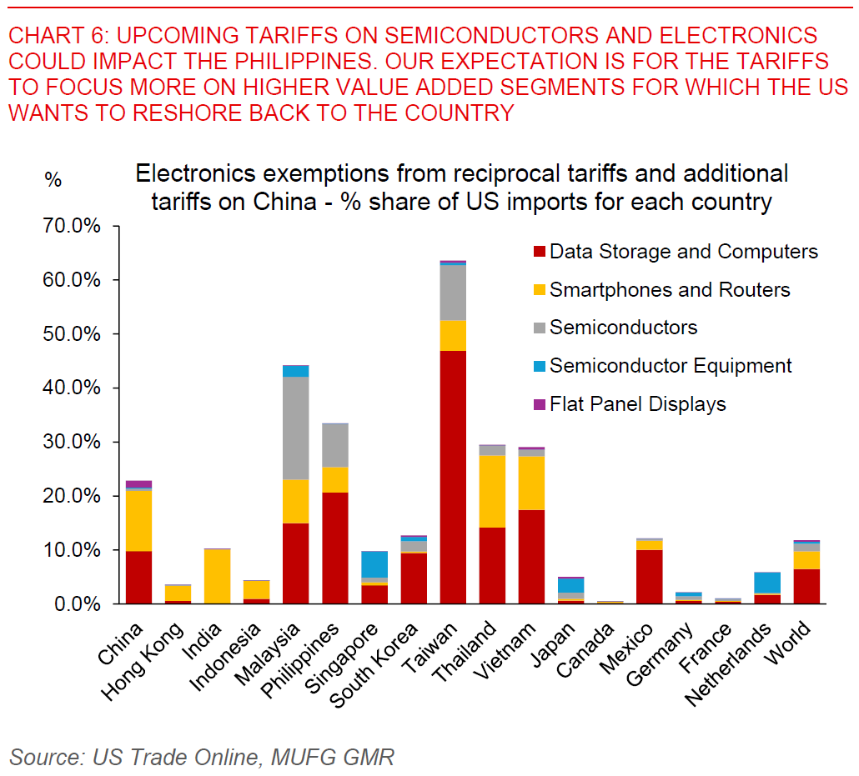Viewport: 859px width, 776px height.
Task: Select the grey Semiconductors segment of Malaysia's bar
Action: (x=296, y=428)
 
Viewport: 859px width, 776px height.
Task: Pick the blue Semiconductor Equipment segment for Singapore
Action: (x=374, y=564)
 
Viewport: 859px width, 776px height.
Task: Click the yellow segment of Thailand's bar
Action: (x=492, y=491)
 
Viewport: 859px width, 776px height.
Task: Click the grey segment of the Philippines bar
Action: (x=335, y=445)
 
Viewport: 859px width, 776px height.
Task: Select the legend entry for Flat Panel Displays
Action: (x=638, y=404)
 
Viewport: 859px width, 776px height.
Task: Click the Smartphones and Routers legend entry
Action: (x=670, y=290)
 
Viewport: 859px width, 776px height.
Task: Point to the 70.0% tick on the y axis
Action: (x=77, y=227)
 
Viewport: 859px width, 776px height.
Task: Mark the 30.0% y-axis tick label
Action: (x=77, y=442)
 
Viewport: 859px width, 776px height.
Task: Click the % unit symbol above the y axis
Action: (x=53, y=179)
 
